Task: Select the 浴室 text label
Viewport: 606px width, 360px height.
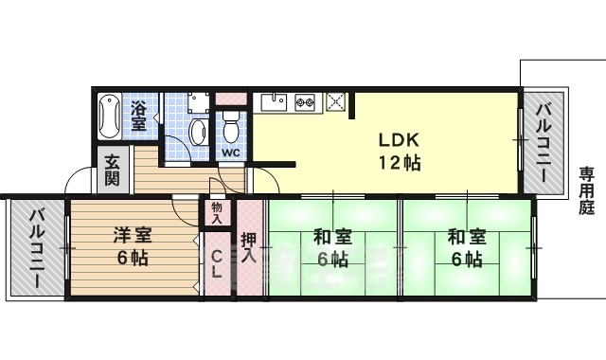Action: point(139,115)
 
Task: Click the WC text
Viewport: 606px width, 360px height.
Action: point(230,152)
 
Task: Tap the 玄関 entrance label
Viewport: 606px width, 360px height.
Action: point(112,169)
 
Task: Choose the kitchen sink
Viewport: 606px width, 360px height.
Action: point(275,99)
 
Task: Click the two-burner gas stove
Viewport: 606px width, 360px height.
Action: point(305,100)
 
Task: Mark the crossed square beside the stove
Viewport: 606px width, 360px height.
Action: point(335,99)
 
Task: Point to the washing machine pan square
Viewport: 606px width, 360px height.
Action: point(198,102)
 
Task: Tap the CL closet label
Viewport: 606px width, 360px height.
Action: point(217,263)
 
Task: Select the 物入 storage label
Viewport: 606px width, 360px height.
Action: point(217,212)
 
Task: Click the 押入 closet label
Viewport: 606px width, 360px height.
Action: point(248,249)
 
